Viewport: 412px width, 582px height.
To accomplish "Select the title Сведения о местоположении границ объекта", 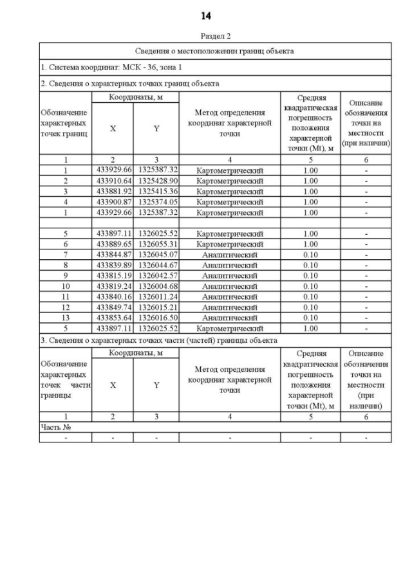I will tap(215, 51).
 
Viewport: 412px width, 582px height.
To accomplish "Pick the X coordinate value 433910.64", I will tap(113, 181).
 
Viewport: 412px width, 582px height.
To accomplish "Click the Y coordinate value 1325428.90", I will tap(157, 181).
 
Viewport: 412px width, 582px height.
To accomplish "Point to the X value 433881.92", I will tap(113, 191).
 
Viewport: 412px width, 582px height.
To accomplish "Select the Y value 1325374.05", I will tap(157, 202).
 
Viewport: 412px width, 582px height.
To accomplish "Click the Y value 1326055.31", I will tap(157, 244).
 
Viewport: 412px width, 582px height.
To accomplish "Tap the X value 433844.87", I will tap(113, 255).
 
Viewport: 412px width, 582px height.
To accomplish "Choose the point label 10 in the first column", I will tap(65, 286).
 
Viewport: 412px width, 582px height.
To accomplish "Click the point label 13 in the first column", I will tap(65, 318).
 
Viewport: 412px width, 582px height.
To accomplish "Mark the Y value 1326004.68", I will tap(157, 286).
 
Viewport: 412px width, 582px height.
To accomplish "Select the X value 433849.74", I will tap(113, 307).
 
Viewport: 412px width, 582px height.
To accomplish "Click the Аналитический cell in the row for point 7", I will tap(230, 255).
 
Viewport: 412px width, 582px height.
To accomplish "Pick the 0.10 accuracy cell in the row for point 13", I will tap(310, 318).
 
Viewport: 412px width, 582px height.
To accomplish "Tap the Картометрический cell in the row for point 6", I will tap(230, 244).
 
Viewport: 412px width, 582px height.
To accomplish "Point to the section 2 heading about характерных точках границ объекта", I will tap(129, 83).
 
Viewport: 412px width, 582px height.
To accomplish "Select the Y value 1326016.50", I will tap(157, 318).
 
